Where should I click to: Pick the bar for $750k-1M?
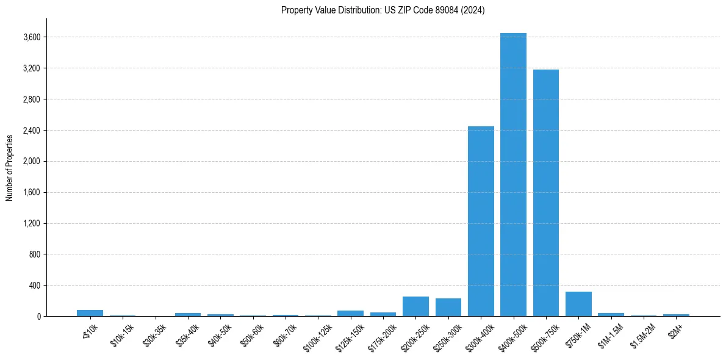(578, 304)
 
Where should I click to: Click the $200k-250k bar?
(415, 307)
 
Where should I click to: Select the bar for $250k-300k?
(448, 308)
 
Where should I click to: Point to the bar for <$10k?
(90, 313)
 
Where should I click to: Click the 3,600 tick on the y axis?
(32, 37)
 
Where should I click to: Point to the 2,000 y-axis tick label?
(32, 162)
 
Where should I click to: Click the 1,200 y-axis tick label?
(32, 224)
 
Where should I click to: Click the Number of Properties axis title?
(10, 167)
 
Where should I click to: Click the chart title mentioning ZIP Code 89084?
(383, 10)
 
